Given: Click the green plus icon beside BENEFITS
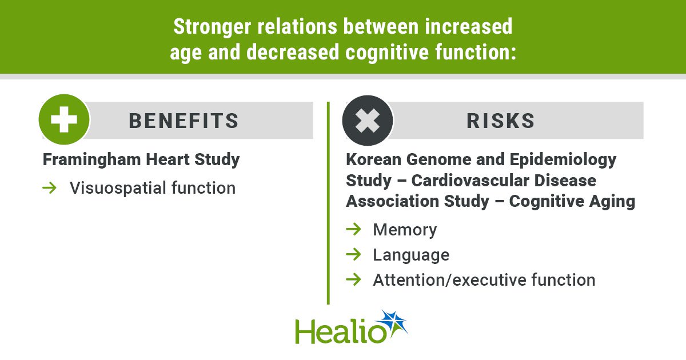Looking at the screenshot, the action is pyautogui.click(x=64, y=119).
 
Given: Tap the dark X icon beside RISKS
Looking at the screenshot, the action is pyautogui.click(x=368, y=121).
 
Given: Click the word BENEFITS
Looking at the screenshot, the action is pyautogui.click(x=184, y=121).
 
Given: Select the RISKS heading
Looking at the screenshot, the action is pyautogui.click(x=501, y=121).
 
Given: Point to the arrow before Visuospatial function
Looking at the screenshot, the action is pyautogui.click(x=49, y=187).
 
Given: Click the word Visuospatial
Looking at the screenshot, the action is pyautogui.click(x=118, y=188).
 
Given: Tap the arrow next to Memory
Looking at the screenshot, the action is pyautogui.click(x=353, y=229).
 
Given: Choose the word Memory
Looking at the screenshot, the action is pyautogui.click(x=405, y=230).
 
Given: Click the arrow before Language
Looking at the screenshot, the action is pyautogui.click(x=353, y=254).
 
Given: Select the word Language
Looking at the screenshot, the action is pyautogui.click(x=411, y=255).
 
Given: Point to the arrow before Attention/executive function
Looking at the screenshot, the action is pyautogui.click(x=353, y=279).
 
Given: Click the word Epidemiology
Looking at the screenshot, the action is pyautogui.click(x=563, y=161).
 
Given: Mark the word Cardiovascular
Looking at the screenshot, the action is pyautogui.click(x=470, y=181).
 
